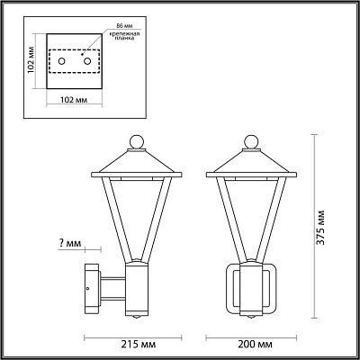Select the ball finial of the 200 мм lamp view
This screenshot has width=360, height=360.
pos(251,141)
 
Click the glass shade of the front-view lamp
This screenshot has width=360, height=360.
pos(251,216)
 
